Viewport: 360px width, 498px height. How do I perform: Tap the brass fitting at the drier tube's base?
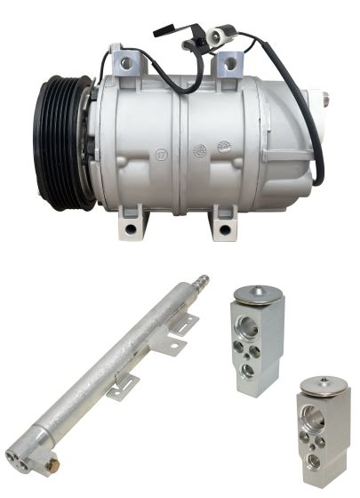(x=53, y=465)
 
